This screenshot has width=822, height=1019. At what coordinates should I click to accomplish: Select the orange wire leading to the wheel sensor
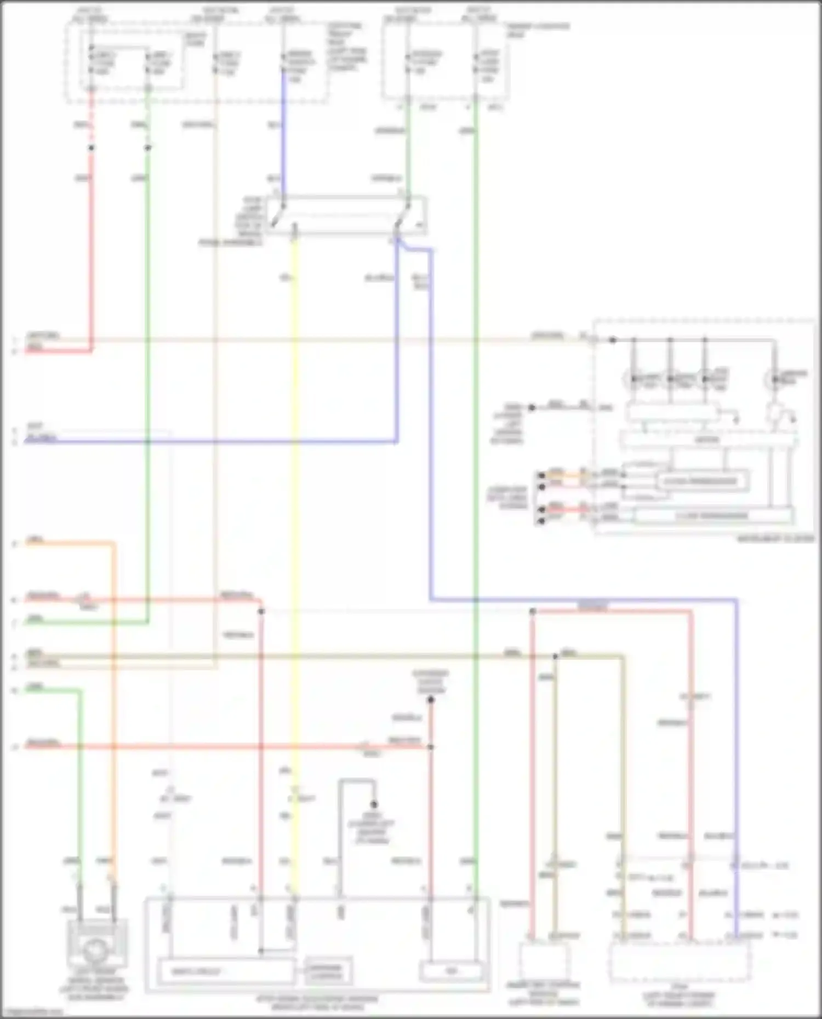point(114,712)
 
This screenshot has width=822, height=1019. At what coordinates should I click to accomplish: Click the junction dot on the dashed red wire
point(91,148)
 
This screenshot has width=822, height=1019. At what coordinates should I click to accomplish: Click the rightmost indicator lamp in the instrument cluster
point(774,378)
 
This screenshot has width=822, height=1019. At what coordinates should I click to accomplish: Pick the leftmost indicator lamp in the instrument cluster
point(633,378)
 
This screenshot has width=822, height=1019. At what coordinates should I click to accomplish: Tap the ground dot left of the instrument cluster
point(531,407)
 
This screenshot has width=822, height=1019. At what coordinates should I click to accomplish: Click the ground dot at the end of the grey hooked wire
point(374,804)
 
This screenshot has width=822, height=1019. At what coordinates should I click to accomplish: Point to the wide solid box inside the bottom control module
point(226,972)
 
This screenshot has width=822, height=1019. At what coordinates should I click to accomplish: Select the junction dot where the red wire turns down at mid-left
point(261,611)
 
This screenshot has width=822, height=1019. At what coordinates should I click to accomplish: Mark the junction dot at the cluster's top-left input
point(613,340)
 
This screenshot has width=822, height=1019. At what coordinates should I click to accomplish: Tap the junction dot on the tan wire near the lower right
point(555,655)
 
